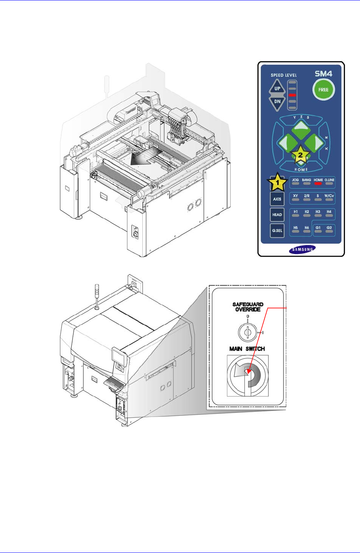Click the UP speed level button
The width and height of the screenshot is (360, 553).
pyautogui.click(x=277, y=88)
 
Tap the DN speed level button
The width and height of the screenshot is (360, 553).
pyautogui.click(x=277, y=101)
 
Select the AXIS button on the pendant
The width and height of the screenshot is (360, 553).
pyautogui.click(x=277, y=199)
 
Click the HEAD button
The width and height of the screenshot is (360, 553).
pyautogui.click(x=277, y=215)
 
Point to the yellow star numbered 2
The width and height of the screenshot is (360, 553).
pyautogui.click(x=300, y=155)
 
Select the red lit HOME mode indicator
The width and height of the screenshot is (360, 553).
pyautogui.click(x=318, y=184)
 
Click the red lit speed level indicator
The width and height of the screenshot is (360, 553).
pyautogui.click(x=292, y=95)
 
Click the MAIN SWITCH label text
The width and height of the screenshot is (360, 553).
pyautogui.click(x=247, y=349)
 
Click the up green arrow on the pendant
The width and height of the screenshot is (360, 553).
pyautogui.click(x=300, y=127)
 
